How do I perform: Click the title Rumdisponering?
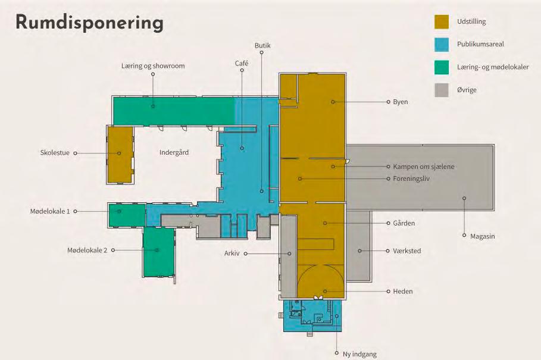(89, 23)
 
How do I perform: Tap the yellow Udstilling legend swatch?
(441, 21)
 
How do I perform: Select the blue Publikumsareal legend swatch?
(441, 44)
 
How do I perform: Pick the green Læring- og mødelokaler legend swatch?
(441, 67)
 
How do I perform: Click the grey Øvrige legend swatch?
(441, 90)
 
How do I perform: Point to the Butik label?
(262, 46)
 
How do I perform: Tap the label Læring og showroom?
(153, 66)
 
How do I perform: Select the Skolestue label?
(55, 153)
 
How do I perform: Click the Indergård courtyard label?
(174, 152)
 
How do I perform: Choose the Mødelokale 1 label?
(50, 211)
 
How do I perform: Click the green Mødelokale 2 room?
(158, 251)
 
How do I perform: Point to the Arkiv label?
(232, 253)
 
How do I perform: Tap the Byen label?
(400, 102)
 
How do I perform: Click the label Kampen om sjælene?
(423, 167)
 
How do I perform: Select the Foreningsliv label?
(411, 179)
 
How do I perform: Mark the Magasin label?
(482, 236)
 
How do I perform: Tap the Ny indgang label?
(359, 354)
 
